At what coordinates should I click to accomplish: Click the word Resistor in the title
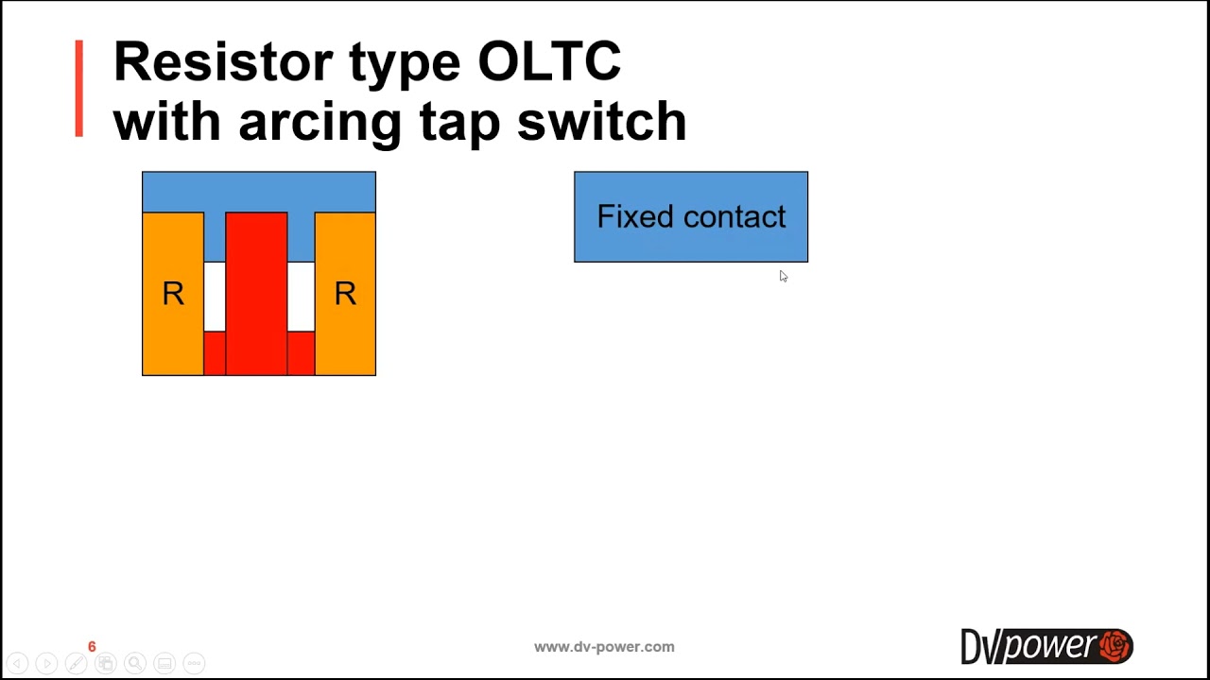tap(222, 62)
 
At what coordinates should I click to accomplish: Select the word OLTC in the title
tap(549, 62)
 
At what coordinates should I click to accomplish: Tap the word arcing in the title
tap(320, 123)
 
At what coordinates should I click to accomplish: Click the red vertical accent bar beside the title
tap(79, 89)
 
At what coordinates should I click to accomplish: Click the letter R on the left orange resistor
tap(173, 295)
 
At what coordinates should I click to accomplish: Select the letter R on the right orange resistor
tap(345, 295)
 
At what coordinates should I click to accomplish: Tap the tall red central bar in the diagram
tap(256, 293)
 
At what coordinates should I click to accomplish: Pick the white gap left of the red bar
tap(215, 297)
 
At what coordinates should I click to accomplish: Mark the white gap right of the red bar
tap(301, 297)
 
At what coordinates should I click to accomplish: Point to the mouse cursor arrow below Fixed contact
tap(783, 276)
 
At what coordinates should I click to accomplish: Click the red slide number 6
tap(92, 647)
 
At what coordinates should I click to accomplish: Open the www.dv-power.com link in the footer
tap(604, 647)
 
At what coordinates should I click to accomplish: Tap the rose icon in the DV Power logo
tap(1115, 646)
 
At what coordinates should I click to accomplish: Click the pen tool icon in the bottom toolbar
tap(76, 663)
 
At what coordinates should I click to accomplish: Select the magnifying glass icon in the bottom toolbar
tap(135, 663)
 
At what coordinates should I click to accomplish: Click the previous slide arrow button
tap(17, 663)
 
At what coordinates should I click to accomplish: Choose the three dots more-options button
tap(194, 663)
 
